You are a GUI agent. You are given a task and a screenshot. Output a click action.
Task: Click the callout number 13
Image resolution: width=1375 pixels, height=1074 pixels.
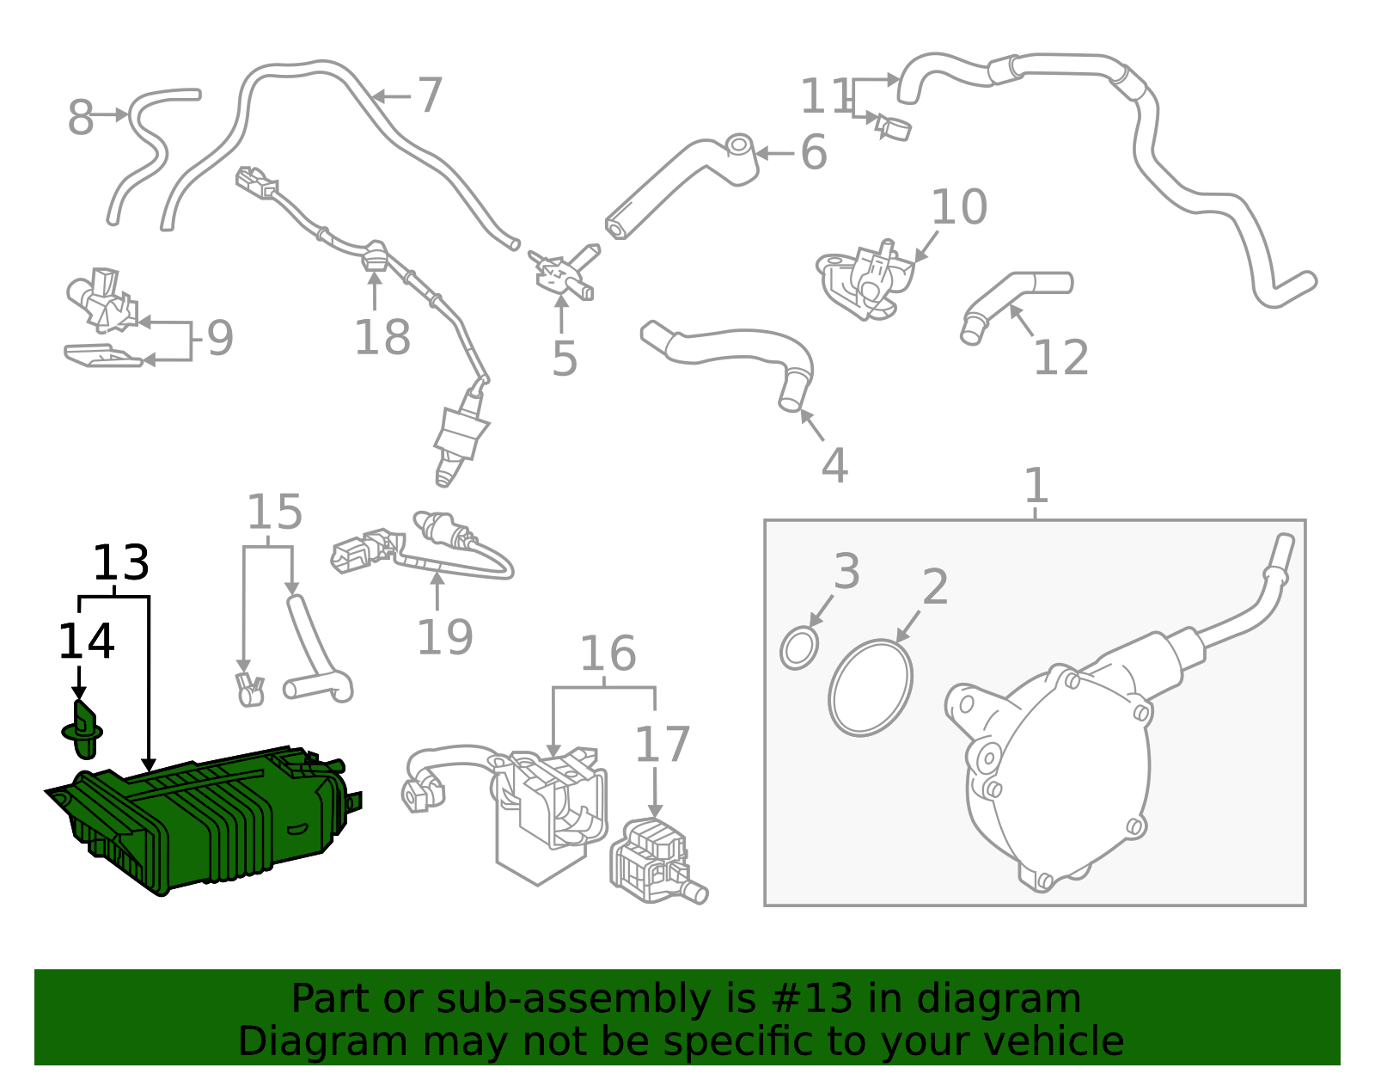click(121, 563)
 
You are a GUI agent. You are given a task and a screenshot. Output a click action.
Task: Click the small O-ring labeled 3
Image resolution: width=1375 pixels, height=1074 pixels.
click(799, 648)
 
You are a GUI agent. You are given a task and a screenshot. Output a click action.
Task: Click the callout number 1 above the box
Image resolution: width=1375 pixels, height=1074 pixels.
click(1036, 486)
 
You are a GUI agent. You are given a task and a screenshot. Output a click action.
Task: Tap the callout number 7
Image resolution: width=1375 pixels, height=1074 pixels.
click(430, 95)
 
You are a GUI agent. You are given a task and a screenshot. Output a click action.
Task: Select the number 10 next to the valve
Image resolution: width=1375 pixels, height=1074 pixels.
click(958, 207)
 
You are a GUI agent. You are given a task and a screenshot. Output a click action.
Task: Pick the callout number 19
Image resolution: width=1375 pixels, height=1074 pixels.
click(444, 637)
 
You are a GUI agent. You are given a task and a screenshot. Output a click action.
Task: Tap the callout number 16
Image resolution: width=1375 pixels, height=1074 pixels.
click(607, 654)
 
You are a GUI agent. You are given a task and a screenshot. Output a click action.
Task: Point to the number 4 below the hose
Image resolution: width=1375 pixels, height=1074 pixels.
click(834, 465)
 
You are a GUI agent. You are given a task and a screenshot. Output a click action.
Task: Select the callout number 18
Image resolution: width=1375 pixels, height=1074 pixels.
click(382, 337)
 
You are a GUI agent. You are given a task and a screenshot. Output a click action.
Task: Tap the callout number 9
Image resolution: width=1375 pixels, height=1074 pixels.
click(220, 338)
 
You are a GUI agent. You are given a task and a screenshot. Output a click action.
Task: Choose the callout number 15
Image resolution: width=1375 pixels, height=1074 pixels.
click(274, 512)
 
